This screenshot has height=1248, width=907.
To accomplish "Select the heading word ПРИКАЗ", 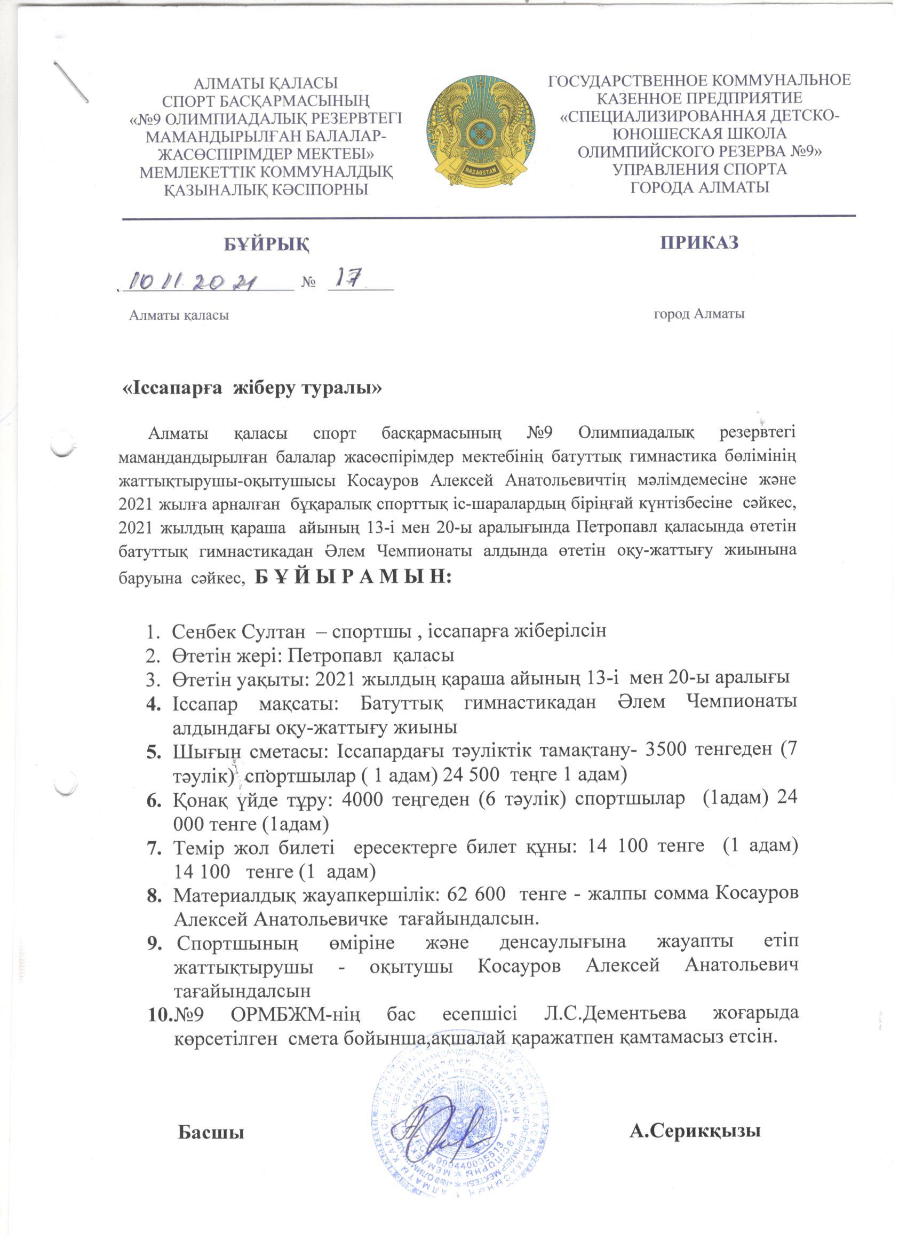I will (x=699, y=243).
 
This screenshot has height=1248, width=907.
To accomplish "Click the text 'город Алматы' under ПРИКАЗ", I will (x=698, y=314).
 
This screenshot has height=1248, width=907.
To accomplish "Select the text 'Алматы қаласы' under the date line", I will (x=179, y=315).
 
